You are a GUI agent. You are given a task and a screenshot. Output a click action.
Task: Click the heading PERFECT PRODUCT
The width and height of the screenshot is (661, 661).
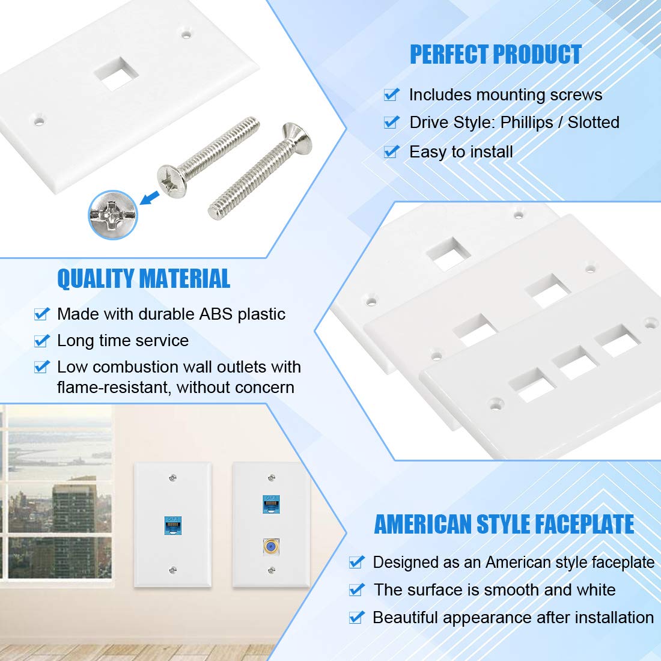(495, 55)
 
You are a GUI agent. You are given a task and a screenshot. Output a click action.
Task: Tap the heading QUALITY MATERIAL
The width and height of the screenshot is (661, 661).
(144, 279)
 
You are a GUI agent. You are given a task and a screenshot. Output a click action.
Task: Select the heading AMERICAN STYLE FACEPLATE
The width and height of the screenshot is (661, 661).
(504, 524)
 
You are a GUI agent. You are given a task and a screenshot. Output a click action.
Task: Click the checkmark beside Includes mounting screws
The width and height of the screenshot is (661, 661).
(392, 94)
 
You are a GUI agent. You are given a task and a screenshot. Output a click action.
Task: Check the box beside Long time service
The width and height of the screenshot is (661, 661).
(41, 341)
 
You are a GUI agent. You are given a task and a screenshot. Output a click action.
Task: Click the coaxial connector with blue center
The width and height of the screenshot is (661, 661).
(271, 547)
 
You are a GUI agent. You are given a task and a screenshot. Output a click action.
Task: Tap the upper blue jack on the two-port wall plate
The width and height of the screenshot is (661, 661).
(271, 504)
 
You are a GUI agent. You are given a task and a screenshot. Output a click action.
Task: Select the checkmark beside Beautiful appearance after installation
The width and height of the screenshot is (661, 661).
(357, 617)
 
